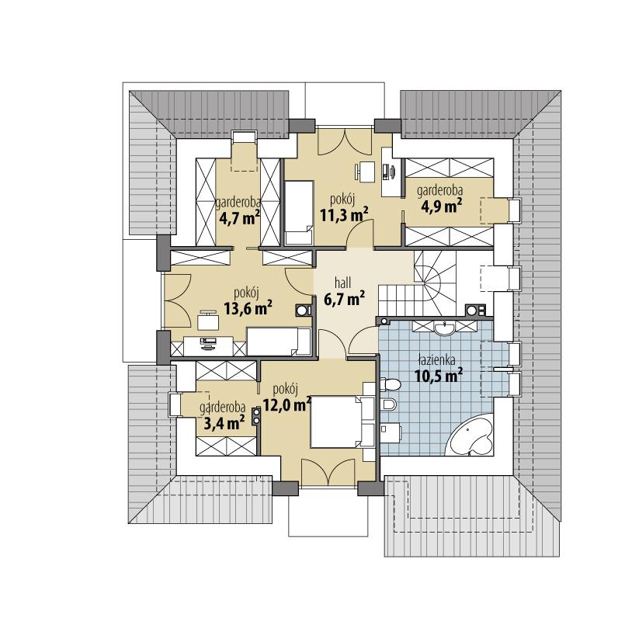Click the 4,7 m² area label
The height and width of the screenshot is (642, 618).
pos(238,218)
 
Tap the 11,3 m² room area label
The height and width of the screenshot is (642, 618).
pos(343,215)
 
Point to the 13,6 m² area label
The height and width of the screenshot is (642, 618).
pos(248,310)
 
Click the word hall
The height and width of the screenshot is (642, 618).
pos(342,283)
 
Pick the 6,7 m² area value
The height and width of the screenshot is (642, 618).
pos(344,297)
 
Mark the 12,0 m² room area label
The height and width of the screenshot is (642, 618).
pos(286,403)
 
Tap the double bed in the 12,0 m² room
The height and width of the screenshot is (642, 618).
pos(337,422)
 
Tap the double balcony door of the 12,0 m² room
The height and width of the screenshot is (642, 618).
pos(326,471)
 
